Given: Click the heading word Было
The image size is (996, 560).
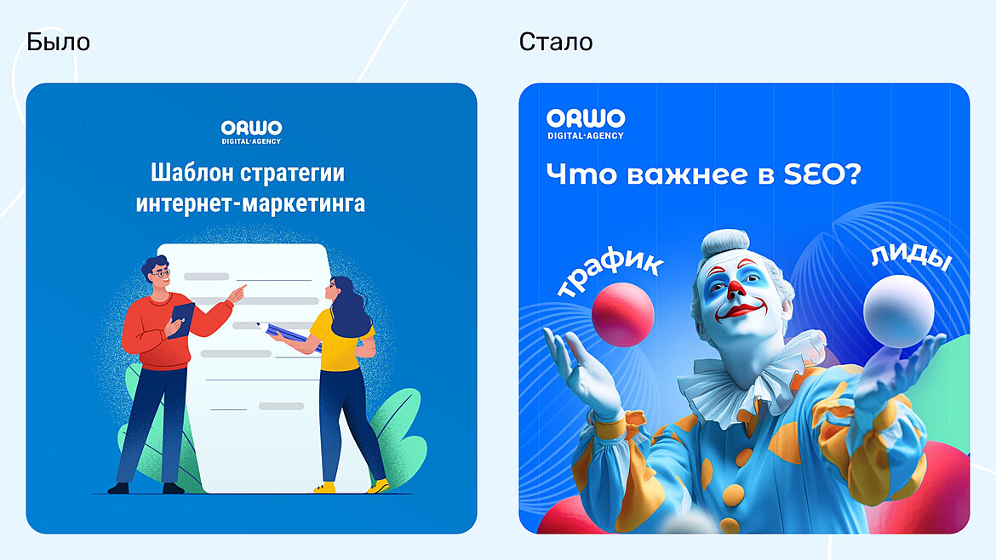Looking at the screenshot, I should tap(58, 42).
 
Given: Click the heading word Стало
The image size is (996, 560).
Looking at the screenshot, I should tap(556, 42).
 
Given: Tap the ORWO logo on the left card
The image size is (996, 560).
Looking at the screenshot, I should tap(251, 131).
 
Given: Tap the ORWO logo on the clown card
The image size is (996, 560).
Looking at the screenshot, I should tap(586, 123).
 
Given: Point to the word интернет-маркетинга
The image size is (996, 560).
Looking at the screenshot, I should tap(250, 204).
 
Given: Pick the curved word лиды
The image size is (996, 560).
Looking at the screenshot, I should tap(909, 259).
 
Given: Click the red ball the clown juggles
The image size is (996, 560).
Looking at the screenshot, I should tap(623, 313).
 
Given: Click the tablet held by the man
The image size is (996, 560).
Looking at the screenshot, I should tap(180, 319).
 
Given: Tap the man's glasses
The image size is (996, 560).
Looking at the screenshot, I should tap(162, 273).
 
